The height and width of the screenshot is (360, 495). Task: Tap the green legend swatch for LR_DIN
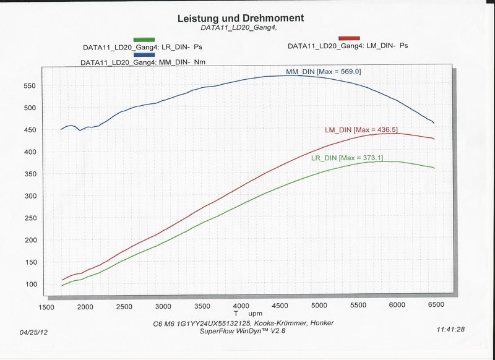tap(144, 39)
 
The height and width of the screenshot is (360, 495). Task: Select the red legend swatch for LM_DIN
tap(349, 38)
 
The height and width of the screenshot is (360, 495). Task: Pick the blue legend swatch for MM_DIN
tap(144, 54)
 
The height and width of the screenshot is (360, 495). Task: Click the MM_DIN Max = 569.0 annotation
tap(324, 72)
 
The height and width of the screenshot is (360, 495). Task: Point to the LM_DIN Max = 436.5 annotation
tap(361, 130)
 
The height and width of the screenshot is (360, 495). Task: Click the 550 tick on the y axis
tap(28, 86)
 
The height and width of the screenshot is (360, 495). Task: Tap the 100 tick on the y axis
tap(28, 285)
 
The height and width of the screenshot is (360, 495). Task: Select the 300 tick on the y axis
tap(28, 196)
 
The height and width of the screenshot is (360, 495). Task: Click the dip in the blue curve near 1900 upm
tap(80, 130)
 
